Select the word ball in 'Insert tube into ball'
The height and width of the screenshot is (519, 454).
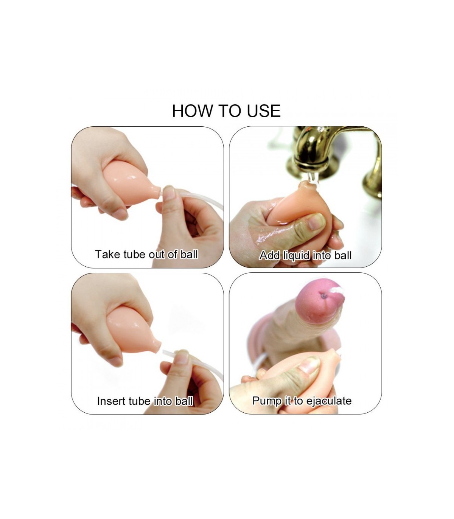[184, 401]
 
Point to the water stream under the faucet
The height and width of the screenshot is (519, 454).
[312, 179]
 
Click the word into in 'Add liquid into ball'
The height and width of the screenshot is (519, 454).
[322, 255]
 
